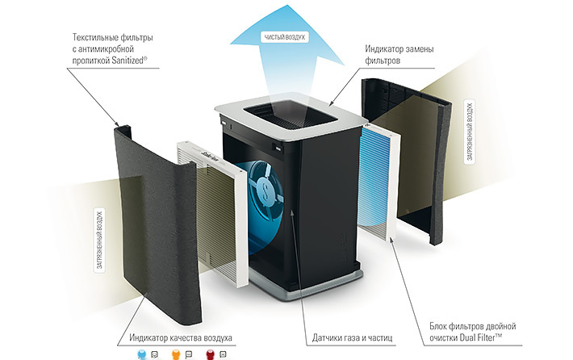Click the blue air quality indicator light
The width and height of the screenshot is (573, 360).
tap(142, 354)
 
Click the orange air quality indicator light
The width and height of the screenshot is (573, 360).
tap(177, 354)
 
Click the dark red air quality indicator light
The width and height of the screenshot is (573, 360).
tap(211, 354)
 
